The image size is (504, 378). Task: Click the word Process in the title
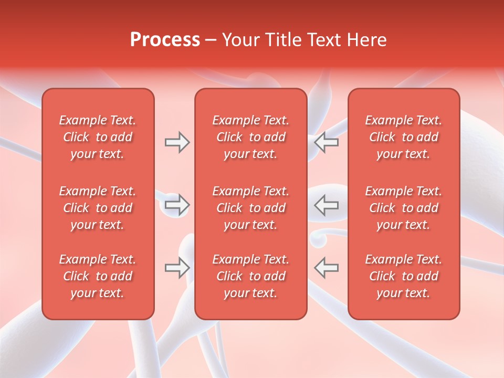165,40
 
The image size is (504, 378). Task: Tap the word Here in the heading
365,40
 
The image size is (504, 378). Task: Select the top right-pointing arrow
177,142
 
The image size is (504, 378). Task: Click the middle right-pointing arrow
177,204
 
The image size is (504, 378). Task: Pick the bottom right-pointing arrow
177,268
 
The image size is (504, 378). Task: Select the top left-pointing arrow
326,142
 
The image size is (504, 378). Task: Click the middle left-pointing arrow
326,204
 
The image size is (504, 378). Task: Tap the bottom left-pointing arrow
326,268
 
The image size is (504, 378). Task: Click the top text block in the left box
98,137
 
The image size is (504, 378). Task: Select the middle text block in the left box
98,208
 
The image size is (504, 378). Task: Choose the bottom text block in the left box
98,276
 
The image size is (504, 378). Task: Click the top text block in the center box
250,137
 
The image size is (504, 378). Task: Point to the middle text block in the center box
250,208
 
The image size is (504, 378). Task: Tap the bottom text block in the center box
250,276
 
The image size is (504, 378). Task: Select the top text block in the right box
403,137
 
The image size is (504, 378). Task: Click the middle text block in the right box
403,208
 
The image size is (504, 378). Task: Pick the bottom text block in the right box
403,276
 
